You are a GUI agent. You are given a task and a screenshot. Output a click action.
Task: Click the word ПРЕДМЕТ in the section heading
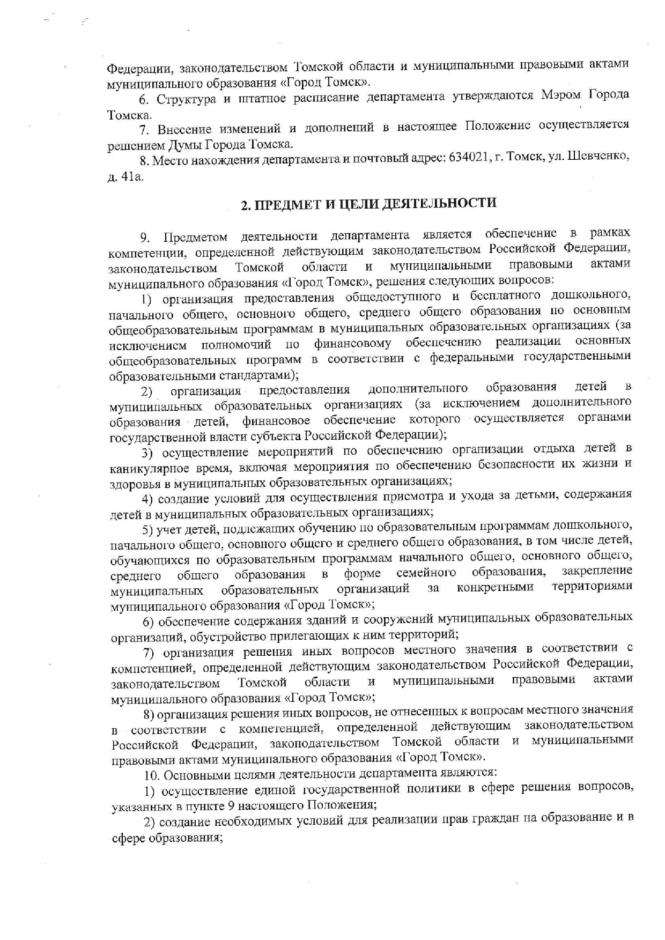[288, 204]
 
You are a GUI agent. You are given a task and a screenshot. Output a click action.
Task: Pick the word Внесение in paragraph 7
[183, 129]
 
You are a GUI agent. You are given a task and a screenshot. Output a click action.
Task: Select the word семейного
[426, 573]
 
